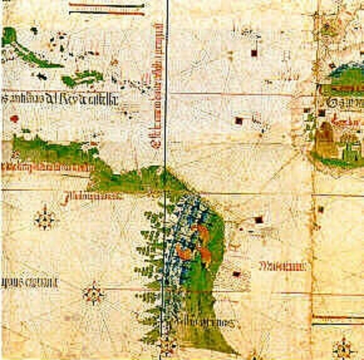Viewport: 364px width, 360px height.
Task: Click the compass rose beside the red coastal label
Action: coord(46,219)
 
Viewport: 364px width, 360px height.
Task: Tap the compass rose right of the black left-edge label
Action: coord(93,292)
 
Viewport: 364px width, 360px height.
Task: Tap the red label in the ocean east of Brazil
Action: coord(282,265)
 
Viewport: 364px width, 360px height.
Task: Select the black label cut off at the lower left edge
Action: coord(30,283)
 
